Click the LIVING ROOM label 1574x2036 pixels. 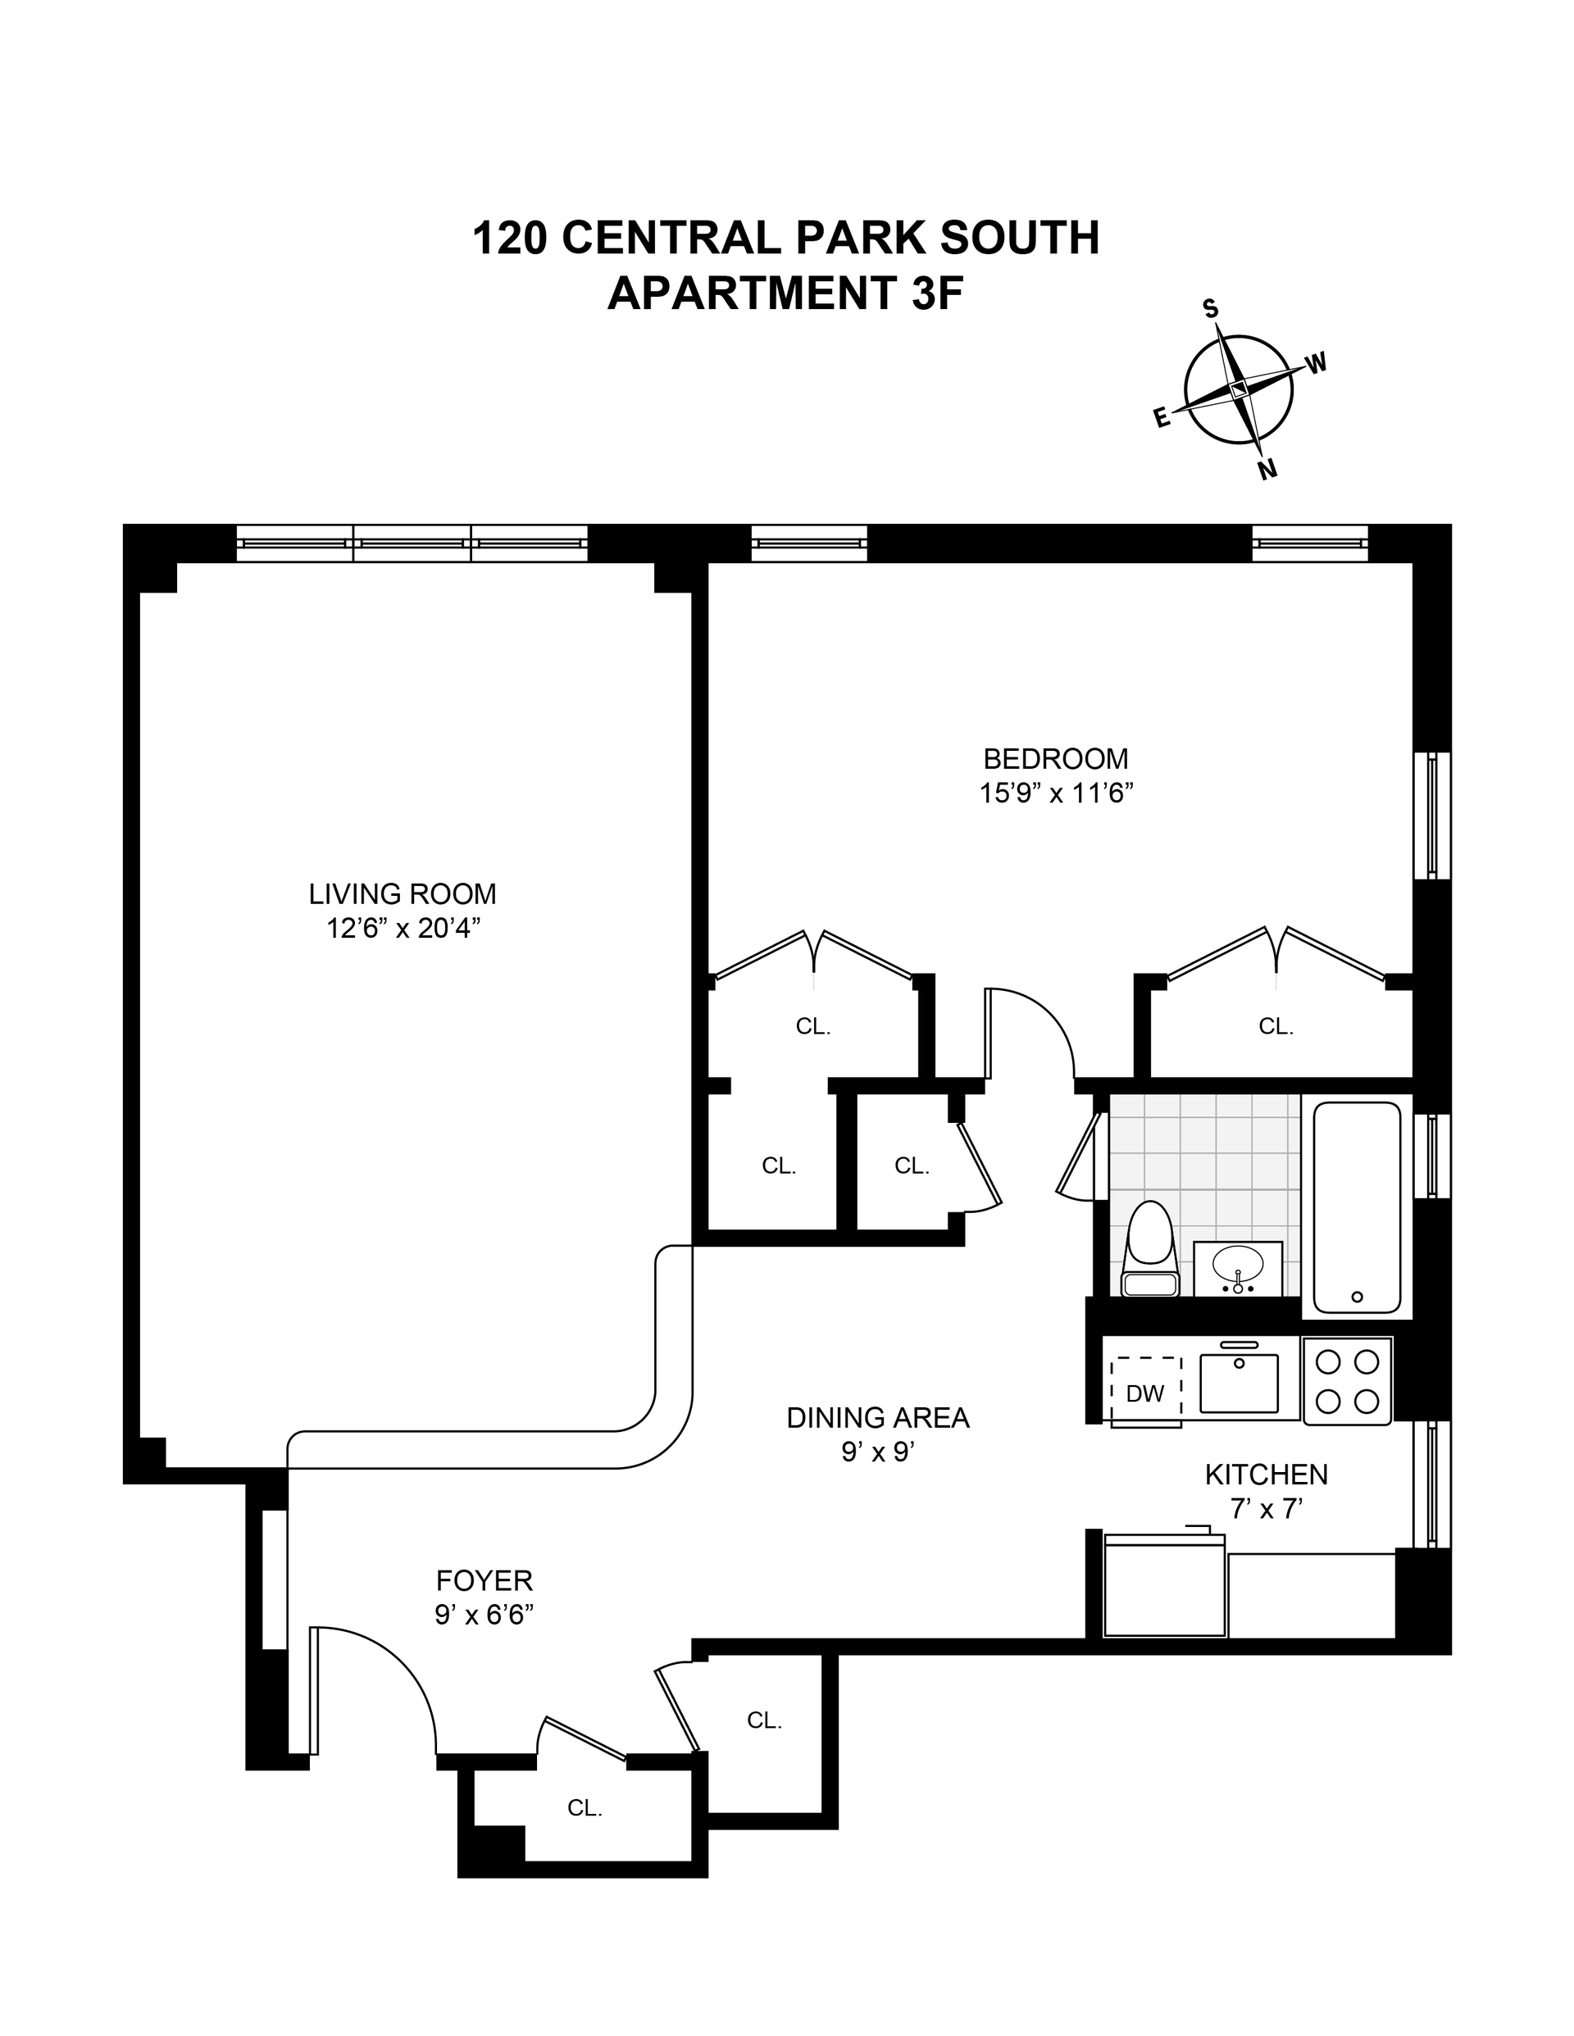point(403,894)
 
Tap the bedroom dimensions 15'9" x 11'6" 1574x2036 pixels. point(1056,793)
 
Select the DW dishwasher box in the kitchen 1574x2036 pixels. point(1145,1393)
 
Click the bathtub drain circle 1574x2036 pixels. point(1357,1296)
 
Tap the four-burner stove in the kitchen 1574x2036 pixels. point(1346,1380)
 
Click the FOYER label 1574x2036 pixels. point(484,1580)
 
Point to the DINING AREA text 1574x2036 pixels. point(877,1417)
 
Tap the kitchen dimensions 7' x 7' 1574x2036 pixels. point(1266,1508)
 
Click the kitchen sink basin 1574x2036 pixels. point(1239,1384)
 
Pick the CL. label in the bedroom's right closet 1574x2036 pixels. point(1276,1026)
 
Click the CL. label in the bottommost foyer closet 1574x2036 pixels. point(585,1807)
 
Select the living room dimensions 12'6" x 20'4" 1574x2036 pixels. point(403,929)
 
